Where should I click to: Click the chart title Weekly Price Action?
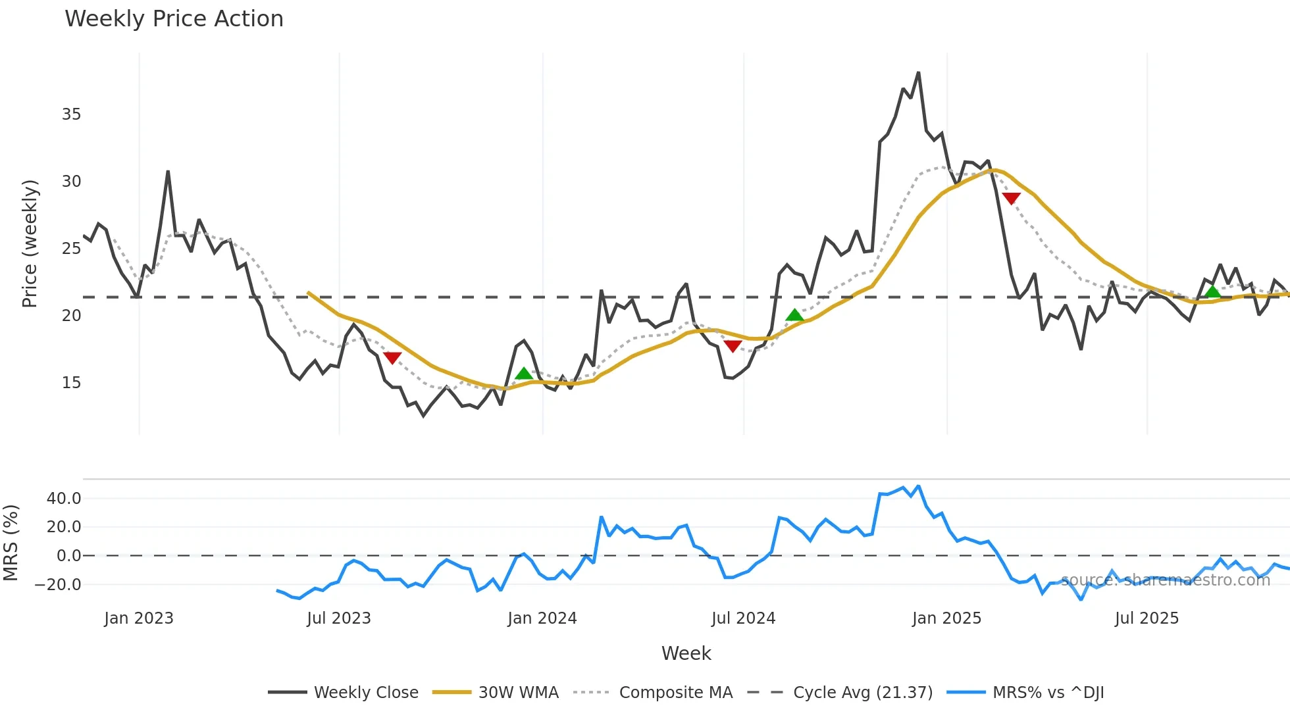pyautogui.click(x=174, y=19)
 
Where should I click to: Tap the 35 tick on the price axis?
pyautogui.click(x=71, y=114)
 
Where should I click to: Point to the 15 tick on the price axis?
pyautogui.click(x=71, y=383)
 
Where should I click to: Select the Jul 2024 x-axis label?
pyautogui.click(x=743, y=618)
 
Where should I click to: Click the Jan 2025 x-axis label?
pyautogui.click(x=946, y=618)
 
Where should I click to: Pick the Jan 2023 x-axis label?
pyautogui.click(x=139, y=618)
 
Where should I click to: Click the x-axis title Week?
pyautogui.click(x=686, y=653)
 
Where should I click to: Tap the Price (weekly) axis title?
pyautogui.click(x=30, y=243)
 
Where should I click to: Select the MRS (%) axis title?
pyautogui.click(x=11, y=543)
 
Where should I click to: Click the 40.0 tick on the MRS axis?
pyautogui.click(x=64, y=499)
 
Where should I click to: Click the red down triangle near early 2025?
pyautogui.click(x=1011, y=198)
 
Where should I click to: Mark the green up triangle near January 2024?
pyautogui.click(x=523, y=374)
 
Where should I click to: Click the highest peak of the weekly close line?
pyautogui.click(x=918, y=73)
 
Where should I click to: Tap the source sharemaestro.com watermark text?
pyautogui.click(x=1165, y=580)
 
